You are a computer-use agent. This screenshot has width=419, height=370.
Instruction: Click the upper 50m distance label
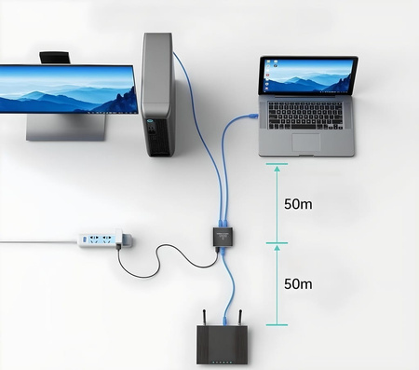point(297,204)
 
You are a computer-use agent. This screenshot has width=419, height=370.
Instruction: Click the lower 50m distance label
point(297,283)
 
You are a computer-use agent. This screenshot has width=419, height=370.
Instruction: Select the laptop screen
point(309,75)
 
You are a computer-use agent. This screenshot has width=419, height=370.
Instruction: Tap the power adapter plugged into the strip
point(126,240)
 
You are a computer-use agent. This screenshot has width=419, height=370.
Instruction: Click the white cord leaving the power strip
point(37,242)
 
